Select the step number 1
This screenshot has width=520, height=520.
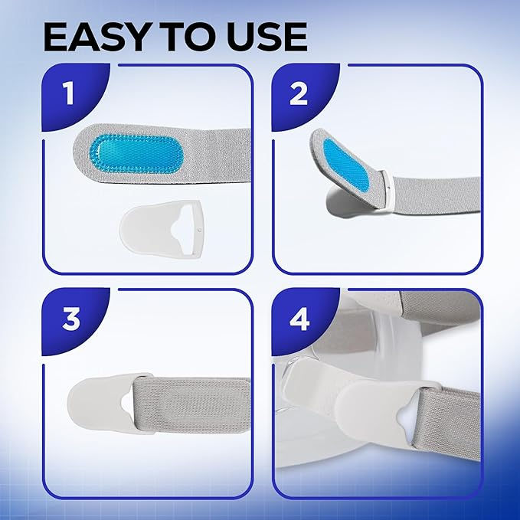(68, 93)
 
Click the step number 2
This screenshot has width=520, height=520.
(299, 93)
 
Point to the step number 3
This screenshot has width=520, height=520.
(71, 319)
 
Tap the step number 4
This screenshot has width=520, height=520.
(299, 319)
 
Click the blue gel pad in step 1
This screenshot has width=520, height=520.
(136, 154)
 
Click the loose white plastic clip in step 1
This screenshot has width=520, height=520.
(162, 228)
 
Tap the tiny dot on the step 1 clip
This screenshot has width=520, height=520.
(199, 230)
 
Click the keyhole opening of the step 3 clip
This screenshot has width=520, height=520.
(126, 405)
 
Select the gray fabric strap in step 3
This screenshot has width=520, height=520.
(192, 404)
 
